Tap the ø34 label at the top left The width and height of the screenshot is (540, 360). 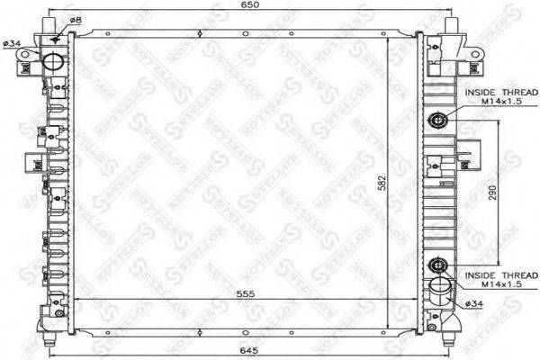tap(12, 43)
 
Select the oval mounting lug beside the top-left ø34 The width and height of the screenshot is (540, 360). tap(27, 65)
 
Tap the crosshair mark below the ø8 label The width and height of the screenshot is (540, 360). tap(60, 36)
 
